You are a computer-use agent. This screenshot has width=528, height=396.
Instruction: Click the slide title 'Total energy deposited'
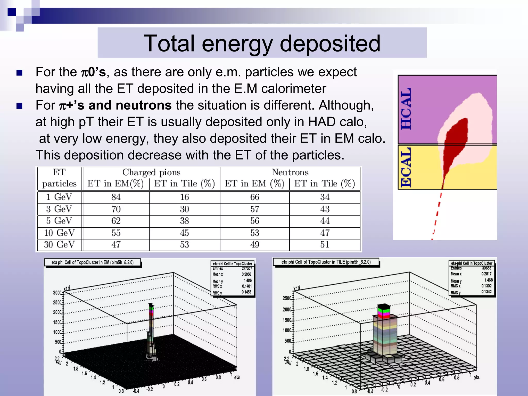[x=262, y=43]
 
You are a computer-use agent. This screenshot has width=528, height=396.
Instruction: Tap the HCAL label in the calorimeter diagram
[x=406, y=109]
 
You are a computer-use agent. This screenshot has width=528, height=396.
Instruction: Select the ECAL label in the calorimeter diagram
[x=406, y=167]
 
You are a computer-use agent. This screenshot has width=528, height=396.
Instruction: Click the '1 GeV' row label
[x=59, y=197]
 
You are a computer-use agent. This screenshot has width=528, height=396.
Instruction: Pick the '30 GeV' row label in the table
[x=59, y=244]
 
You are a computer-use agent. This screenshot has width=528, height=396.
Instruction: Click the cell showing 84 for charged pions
[x=116, y=197]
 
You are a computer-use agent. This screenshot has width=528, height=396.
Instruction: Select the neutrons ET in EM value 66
[x=255, y=197]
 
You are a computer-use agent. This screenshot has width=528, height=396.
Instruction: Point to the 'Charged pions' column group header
[x=151, y=172]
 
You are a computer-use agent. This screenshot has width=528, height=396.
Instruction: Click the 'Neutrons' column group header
[x=290, y=172]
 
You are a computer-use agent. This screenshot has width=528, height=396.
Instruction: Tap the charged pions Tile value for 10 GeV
[x=184, y=233]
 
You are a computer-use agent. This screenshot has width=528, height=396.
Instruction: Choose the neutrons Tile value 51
[x=325, y=244]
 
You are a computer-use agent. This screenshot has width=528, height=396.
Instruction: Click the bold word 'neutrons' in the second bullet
[x=144, y=105]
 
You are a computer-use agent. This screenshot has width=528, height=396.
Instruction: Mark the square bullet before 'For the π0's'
[x=20, y=73]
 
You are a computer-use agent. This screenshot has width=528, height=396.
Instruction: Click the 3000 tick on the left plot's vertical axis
[x=57, y=293]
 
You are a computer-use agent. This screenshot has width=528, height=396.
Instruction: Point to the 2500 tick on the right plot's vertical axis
[x=287, y=298]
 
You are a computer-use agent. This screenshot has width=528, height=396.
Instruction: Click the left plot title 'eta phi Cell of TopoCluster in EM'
[x=93, y=262]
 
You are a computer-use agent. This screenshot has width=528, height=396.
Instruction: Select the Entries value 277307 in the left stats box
[x=247, y=269]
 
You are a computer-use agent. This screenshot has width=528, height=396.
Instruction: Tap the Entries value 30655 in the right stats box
[x=486, y=268]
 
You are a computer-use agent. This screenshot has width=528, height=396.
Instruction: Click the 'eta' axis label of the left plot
[x=237, y=377]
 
